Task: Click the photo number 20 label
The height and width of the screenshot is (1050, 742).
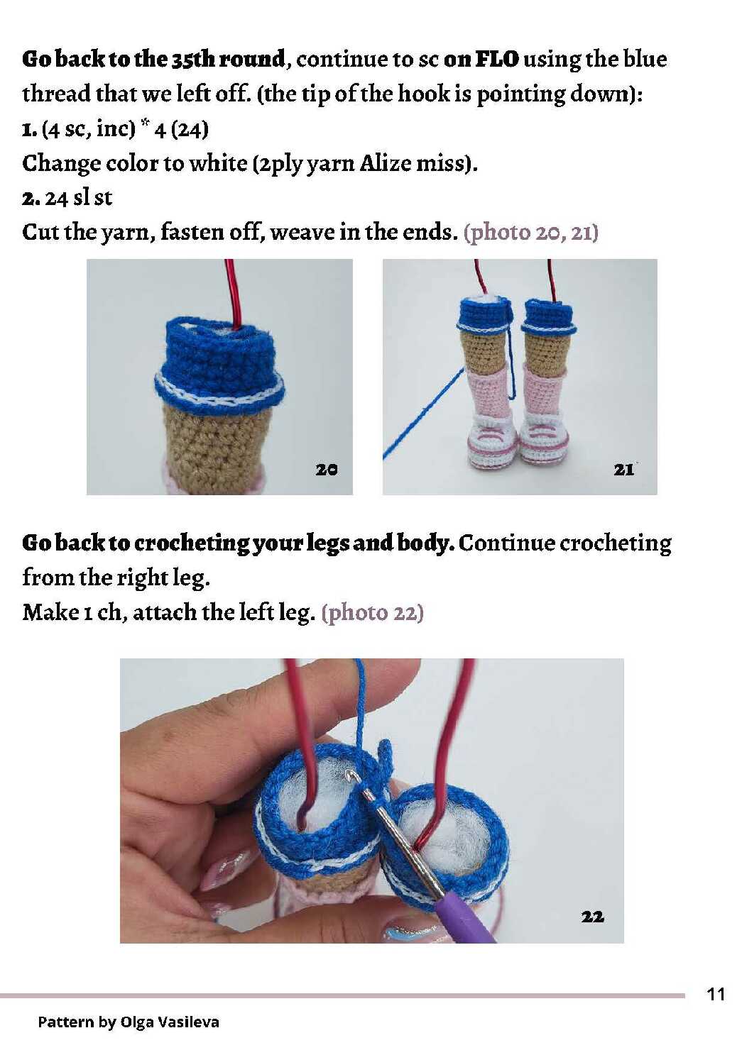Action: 327,469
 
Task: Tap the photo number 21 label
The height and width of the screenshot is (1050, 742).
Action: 623,469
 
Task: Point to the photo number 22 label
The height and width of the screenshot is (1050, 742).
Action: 592,917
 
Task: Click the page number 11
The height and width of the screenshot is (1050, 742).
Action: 716,994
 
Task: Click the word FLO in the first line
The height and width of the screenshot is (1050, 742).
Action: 497,60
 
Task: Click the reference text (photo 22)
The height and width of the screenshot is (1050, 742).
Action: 372,613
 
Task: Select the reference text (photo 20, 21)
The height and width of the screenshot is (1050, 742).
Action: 531,233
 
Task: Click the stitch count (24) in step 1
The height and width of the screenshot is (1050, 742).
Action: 190,129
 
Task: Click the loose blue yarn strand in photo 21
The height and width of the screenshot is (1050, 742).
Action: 422,412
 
